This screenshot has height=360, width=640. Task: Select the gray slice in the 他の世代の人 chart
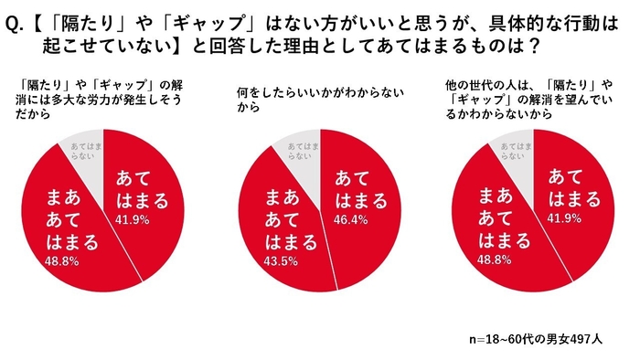[517, 152]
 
